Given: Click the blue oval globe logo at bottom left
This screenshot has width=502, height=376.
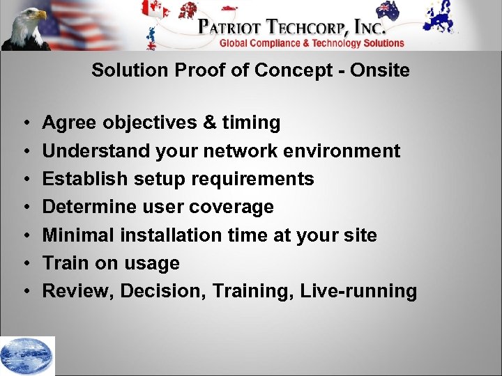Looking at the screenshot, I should [26, 355].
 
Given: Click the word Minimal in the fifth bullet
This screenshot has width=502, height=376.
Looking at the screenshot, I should [79, 235].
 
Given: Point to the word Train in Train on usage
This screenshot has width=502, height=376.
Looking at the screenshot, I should [63, 263].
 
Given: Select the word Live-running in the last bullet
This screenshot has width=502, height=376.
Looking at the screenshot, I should [358, 291].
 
